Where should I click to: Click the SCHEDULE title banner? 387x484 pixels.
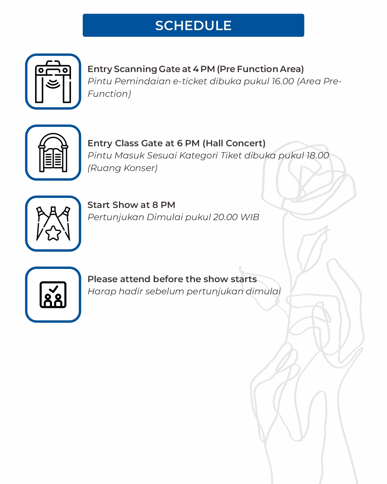click(193, 25)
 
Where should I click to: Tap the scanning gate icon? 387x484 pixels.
click(53, 82)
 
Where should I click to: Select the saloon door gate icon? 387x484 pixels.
click(53, 153)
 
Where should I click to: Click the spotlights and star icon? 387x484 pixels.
click(53, 224)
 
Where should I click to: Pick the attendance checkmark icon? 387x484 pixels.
click(53, 295)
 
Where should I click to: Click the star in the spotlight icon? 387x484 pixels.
click(53, 233)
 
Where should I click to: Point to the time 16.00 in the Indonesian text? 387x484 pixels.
click(283, 81)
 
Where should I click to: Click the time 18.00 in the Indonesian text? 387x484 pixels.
click(317, 156)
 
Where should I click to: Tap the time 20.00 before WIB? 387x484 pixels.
click(225, 217)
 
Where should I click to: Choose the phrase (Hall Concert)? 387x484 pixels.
click(234, 143)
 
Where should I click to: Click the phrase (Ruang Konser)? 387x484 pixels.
click(123, 168)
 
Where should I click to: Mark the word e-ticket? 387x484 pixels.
click(190, 81)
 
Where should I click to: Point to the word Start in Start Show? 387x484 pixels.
click(99, 205)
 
